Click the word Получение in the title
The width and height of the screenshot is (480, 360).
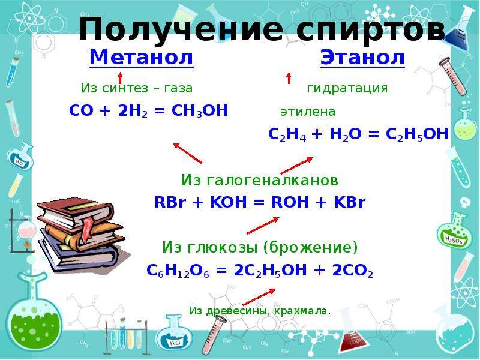pos(181,29)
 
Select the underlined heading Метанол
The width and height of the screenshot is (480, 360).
pos(141,58)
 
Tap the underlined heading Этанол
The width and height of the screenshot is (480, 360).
pos(362,58)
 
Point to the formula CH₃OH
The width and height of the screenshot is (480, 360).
pos(200,111)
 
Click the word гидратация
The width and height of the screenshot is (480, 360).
pos(347,89)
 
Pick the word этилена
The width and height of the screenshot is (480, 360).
pos(308,112)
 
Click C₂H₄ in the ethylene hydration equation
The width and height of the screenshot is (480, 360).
pos(287,134)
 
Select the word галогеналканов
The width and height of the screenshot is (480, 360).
pos(272,180)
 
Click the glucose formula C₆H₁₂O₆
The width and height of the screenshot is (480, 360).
pos(178,271)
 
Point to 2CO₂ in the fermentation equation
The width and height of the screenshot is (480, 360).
pos(353,271)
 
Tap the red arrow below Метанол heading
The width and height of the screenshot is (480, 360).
pos(120,78)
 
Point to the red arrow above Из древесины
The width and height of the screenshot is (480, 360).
pos(259,296)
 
